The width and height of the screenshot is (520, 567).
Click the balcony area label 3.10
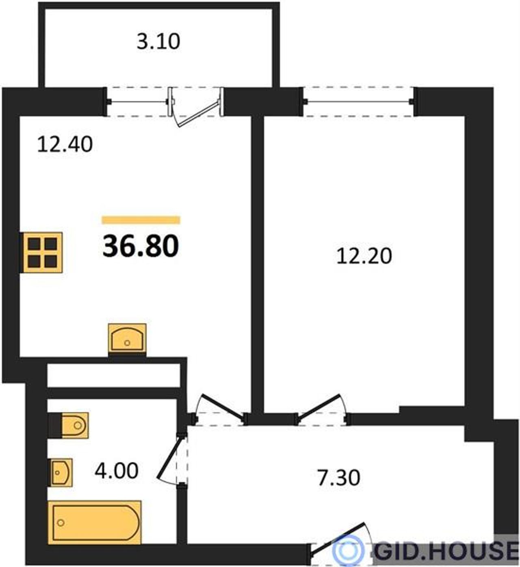[x=158, y=42]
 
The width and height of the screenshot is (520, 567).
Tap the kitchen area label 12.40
[x=65, y=144]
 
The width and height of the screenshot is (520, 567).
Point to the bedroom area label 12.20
[x=364, y=256]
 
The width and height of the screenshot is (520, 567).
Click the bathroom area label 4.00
[x=117, y=471]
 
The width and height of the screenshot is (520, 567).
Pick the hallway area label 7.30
[x=339, y=478]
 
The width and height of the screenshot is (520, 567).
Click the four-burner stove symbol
[x=41, y=253]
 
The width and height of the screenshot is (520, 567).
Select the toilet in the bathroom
[x=69, y=425]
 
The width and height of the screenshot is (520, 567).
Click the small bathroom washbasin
[x=61, y=473]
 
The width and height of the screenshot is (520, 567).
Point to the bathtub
[x=95, y=522]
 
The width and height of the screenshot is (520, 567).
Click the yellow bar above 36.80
[x=141, y=220]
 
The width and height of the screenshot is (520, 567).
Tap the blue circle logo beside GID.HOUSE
[x=348, y=550]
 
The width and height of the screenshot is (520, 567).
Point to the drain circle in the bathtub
[x=61, y=523]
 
